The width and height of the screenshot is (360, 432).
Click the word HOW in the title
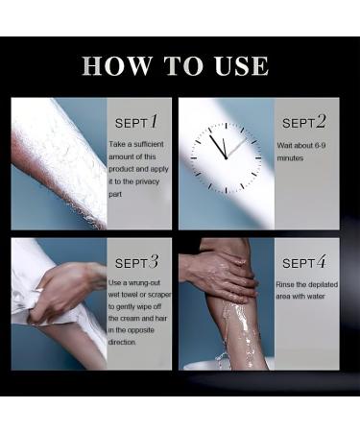tap(117, 65)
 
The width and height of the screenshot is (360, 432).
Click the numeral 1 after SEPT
tap(154, 122)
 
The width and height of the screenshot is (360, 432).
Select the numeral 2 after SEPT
tap(321, 122)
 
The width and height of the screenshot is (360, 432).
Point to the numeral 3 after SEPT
tap(154, 261)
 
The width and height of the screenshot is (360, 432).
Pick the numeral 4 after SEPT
tap(322, 262)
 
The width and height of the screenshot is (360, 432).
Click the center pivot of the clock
tap(226, 157)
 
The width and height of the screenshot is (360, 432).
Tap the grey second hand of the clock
tap(236, 148)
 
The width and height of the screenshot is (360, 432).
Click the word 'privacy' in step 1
tap(147, 181)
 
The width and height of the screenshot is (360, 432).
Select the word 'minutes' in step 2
tap(290, 158)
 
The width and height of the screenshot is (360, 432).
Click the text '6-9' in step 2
tap(320, 145)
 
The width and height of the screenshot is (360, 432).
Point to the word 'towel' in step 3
tap(129, 295)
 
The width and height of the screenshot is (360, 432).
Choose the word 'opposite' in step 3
tap(141, 330)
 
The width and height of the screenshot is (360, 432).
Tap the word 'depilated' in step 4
tap(323, 285)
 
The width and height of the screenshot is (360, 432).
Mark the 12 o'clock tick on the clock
tap(226, 126)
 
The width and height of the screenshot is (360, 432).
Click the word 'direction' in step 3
tap(122, 342)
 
